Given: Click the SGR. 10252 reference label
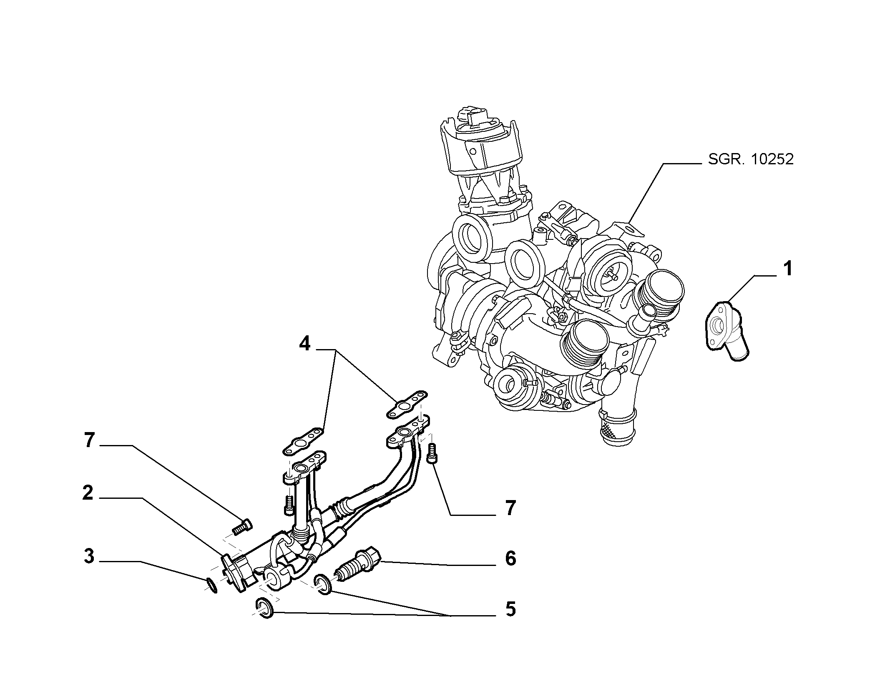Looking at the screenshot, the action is click(x=751, y=159).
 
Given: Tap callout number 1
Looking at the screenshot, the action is click(x=787, y=269).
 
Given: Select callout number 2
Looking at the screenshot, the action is click(x=88, y=493).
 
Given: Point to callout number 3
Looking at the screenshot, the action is click(x=89, y=557).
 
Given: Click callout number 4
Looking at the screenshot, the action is click(x=305, y=344).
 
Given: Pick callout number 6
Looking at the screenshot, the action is click(x=510, y=558).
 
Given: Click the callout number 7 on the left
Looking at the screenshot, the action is click(x=89, y=440).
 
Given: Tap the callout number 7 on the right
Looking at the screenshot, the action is click(x=510, y=508).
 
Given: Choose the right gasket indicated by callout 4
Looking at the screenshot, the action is click(x=407, y=404).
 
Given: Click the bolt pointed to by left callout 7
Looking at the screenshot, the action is click(x=241, y=527).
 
